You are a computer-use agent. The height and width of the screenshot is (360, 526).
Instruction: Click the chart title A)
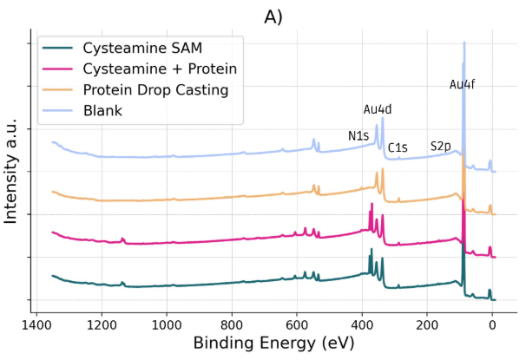click(x=263, y=15)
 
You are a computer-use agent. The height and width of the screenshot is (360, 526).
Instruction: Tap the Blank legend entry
click(x=102, y=110)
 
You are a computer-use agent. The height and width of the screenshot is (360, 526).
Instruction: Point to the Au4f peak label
click(x=462, y=85)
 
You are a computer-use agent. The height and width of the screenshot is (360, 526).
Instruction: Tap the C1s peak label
click(x=398, y=148)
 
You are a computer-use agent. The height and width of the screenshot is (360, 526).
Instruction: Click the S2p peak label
click(x=441, y=147)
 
